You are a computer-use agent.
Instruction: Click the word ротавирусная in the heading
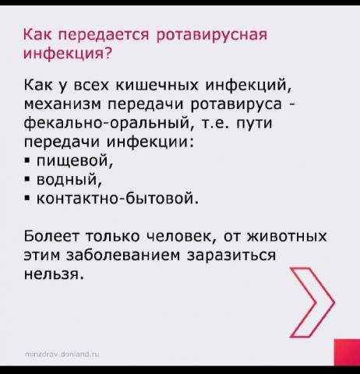(x=211, y=34)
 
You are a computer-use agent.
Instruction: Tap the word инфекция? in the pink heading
(x=68, y=53)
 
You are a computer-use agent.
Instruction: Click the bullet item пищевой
(x=75, y=161)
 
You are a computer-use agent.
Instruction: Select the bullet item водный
(x=69, y=180)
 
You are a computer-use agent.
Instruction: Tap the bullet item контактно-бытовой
(x=118, y=199)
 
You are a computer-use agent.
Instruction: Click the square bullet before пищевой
(x=27, y=161)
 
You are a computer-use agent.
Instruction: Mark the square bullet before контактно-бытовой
(x=27, y=199)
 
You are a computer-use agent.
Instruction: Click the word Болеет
(x=53, y=236)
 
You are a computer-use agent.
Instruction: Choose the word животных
(x=287, y=236)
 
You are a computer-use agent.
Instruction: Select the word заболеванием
(x=123, y=255)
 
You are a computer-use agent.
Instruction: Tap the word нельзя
(x=54, y=274)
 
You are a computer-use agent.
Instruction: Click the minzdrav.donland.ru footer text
(x=62, y=354)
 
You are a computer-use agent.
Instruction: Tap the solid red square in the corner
(x=347, y=352)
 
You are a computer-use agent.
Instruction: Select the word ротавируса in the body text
(x=236, y=104)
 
